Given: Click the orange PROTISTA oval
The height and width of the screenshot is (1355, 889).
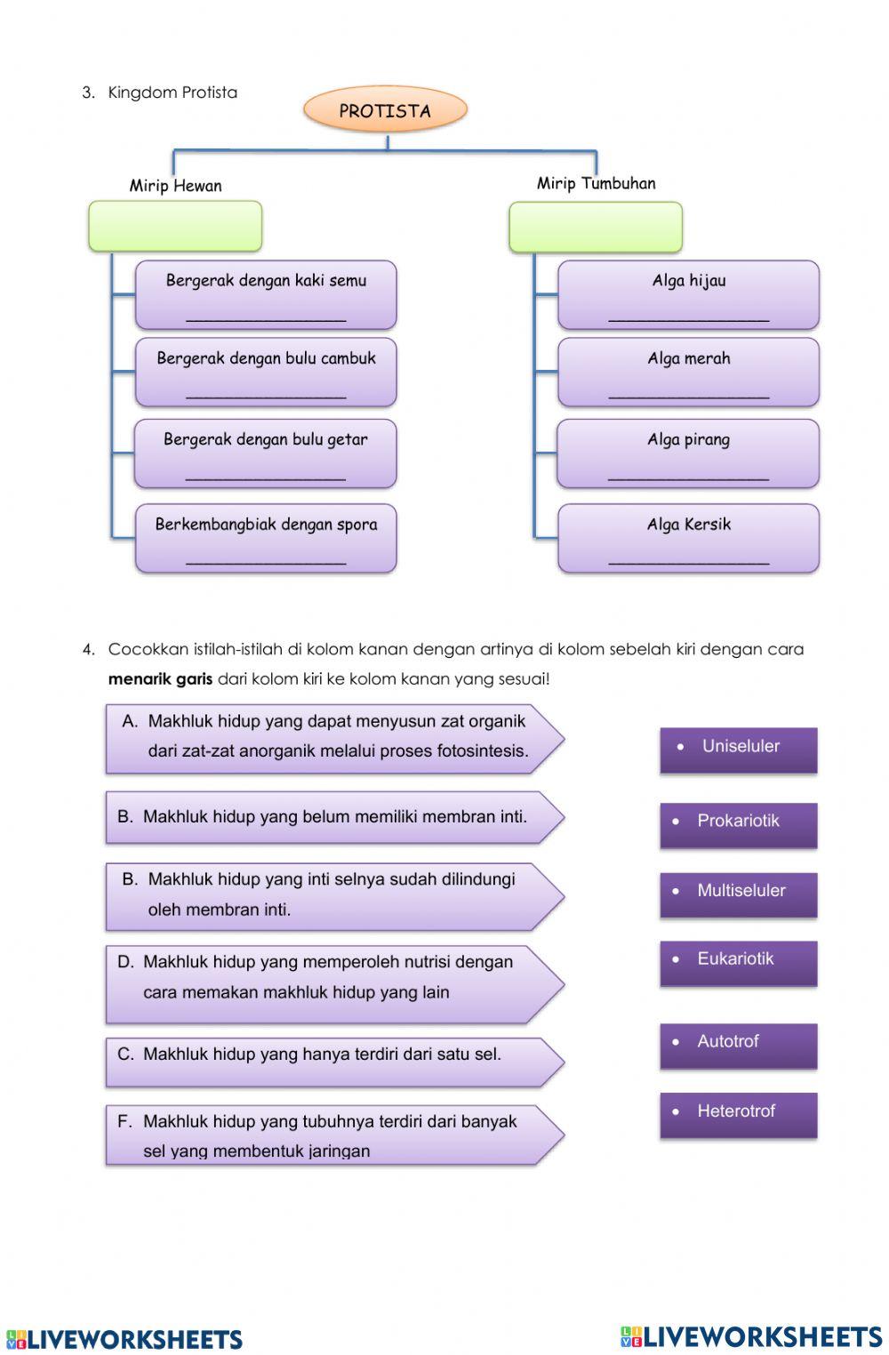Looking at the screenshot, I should pyautogui.click(x=385, y=110).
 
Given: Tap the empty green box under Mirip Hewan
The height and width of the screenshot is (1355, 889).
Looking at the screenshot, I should pyautogui.click(x=175, y=226).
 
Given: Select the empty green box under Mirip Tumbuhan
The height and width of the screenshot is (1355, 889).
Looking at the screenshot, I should pyautogui.click(x=596, y=227).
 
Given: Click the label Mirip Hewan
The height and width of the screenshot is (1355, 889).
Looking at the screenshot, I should pyautogui.click(x=175, y=186).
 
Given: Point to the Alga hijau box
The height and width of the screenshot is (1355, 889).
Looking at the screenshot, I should pyautogui.click(x=688, y=294).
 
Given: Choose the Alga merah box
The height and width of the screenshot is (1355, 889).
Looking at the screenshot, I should pyautogui.click(x=688, y=372).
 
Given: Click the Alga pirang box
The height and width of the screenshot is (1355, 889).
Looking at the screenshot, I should pyautogui.click(x=688, y=453).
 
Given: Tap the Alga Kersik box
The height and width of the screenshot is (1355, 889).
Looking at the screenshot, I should pyautogui.click(x=688, y=538).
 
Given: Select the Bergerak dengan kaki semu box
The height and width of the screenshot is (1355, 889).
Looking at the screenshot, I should pyautogui.click(x=266, y=294).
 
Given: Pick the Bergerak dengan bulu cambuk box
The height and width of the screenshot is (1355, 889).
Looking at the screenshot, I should pyautogui.click(x=266, y=372).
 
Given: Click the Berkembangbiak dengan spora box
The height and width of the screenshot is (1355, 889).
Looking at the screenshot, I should pyautogui.click(x=266, y=538).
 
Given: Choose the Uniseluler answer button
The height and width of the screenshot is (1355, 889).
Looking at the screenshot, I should pyautogui.click(x=738, y=750).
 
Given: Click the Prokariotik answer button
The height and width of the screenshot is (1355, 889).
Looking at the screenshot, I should pyautogui.click(x=738, y=824).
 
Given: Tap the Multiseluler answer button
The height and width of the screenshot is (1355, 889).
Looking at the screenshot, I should pyautogui.click(x=738, y=894).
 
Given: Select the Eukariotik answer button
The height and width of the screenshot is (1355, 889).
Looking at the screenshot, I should pyautogui.click(x=738, y=963).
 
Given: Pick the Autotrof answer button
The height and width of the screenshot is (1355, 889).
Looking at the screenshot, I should pyautogui.click(x=738, y=1046).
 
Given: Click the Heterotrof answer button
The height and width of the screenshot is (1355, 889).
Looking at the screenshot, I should pyautogui.click(x=738, y=1115).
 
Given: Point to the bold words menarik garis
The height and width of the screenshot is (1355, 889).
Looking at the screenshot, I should pyautogui.click(x=160, y=679).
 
